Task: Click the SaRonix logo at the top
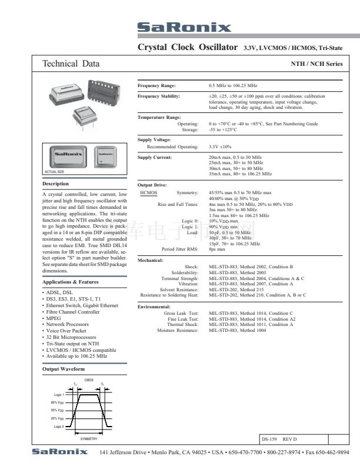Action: [184, 28]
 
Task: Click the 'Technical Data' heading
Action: [71, 64]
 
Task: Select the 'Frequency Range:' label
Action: [156, 86]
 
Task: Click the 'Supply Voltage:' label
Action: [154, 139]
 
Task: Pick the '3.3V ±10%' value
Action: [221, 147]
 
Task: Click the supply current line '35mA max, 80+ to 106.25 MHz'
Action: [241, 174]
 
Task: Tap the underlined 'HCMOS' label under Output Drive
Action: [149, 192]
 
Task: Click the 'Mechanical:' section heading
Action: [151, 259]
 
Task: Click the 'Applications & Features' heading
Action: [71, 282]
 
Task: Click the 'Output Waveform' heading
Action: [64, 370]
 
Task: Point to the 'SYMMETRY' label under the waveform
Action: [89, 439]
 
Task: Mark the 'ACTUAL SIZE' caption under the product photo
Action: [55, 171]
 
